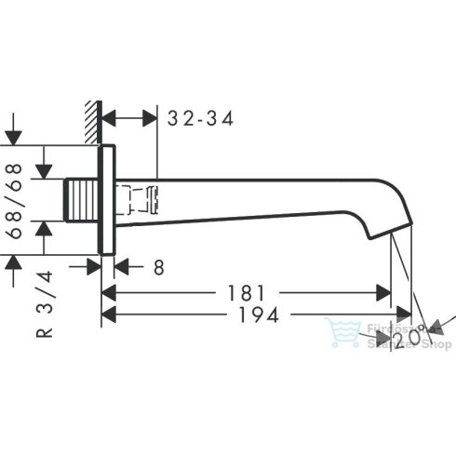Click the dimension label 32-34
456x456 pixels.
pyautogui.click(x=200, y=118)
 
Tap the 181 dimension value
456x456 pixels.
pyautogui.click(x=248, y=292)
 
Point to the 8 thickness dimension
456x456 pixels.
pyautogui.click(x=158, y=268)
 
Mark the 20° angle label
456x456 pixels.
pyautogui.click(x=408, y=343)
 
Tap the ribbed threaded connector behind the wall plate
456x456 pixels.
pyautogui.click(x=86, y=199)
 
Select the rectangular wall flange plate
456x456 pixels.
pyautogui.click(x=107, y=200)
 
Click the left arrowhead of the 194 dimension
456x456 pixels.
pyautogui.click(x=107, y=316)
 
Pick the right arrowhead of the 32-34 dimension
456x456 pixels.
pyautogui.click(x=151, y=119)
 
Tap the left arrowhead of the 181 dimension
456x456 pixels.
pyautogui.click(x=107, y=293)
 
